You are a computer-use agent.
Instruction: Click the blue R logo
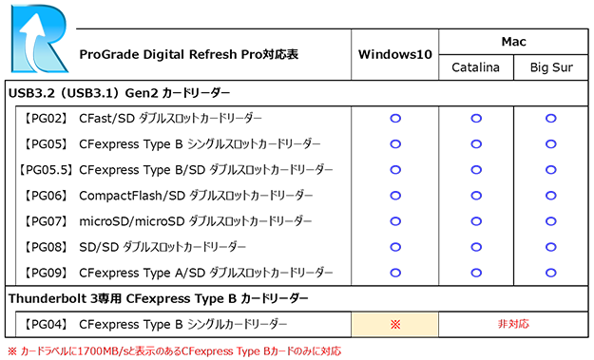pos(40,40)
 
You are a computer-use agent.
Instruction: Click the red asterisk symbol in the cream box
pos(395,324)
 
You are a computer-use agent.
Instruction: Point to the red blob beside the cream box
pos(513,324)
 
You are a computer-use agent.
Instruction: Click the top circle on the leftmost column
pos(394,119)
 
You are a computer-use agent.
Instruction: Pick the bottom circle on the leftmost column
pos(394,273)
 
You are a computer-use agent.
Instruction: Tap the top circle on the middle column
pos(476,119)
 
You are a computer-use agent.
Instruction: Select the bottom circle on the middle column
pos(476,273)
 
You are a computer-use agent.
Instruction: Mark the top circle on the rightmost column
pos(550,119)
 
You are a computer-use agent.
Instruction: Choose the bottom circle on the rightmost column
pos(550,273)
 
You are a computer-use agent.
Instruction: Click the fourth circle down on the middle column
pos(476,196)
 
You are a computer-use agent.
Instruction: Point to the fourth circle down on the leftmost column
pos(394,196)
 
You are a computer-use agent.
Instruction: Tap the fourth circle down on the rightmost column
pos(550,196)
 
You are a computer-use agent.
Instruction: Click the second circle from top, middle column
pos(476,144)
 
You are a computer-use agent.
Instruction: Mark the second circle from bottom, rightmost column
pos(550,247)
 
